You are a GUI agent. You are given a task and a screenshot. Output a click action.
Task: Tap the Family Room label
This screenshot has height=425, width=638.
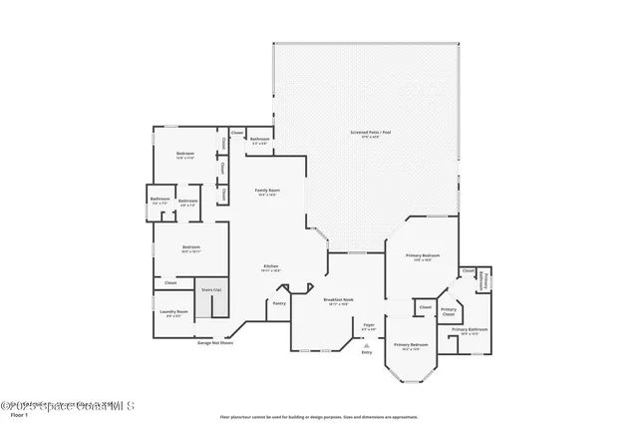[266, 192]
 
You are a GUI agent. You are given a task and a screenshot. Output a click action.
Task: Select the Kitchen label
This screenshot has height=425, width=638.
[270, 266]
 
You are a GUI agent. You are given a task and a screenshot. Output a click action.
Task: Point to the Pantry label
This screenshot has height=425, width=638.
[279, 303]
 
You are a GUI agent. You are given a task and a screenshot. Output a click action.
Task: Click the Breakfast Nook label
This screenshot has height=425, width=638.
[338, 300]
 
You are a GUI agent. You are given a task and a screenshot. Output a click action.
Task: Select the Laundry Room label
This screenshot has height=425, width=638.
[173, 313]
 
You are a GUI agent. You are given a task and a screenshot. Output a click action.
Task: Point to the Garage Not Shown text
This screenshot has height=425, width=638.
[242, 343]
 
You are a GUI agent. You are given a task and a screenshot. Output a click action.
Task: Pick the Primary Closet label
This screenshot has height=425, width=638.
[449, 311]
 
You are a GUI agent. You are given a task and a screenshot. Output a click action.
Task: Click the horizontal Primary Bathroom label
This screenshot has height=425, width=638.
[470, 330]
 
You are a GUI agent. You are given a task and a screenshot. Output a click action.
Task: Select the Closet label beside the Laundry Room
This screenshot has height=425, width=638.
[170, 283]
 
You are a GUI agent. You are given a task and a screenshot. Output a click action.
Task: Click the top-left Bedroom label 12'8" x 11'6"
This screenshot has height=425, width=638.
[172, 155]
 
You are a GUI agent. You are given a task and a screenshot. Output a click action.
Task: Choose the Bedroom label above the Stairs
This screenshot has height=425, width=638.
[191, 248]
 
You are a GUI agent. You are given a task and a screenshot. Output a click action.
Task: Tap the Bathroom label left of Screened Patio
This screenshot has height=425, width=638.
[259, 140]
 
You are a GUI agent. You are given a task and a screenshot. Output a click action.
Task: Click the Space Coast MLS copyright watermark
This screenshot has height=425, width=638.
[67, 406]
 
